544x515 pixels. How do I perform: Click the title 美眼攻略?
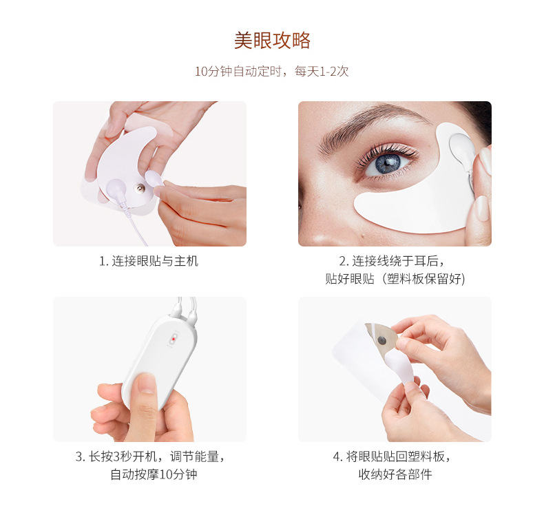(x=272, y=40)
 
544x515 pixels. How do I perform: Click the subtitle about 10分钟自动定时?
(x=271, y=71)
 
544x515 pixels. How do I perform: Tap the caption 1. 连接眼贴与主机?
(x=149, y=261)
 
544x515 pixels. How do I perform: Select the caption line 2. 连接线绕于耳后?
(x=392, y=261)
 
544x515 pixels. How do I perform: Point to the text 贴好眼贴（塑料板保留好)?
(x=395, y=278)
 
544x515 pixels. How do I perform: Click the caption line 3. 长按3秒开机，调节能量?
(x=150, y=456)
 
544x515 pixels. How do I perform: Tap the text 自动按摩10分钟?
(x=154, y=474)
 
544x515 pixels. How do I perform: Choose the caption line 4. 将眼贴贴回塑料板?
(x=392, y=456)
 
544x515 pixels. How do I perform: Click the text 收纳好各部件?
(x=395, y=474)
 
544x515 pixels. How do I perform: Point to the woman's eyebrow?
(x=371, y=125)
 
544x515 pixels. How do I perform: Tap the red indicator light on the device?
(x=174, y=339)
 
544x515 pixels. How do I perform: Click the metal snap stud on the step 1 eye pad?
(x=140, y=188)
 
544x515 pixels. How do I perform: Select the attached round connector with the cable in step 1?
(x=116, y=189)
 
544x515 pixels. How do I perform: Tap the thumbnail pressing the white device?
(x=146, y=383)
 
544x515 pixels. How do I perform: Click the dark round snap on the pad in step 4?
(x=382, y=341)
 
